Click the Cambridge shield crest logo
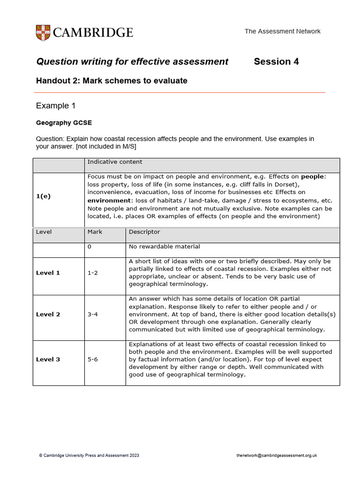click(43, 32)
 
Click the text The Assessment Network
click(282, 31)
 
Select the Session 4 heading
click(276, 61)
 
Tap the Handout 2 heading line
click(112, 81)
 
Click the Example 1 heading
click(56, 106)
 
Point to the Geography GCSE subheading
click(64, 123)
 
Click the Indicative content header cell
click(115, 162)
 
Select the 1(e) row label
click(43, 196)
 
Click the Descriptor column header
click(144, 232)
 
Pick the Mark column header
click(95, 232)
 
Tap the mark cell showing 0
click(90, 247)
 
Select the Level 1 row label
click(48, 273)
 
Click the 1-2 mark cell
click(93, 273)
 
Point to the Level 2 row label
click(48, 315)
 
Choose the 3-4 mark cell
click(93, 315)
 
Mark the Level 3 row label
click(48, 360)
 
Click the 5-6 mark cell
click(93, 360)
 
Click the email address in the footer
click(277, 455)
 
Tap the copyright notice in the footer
click(89, 455)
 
